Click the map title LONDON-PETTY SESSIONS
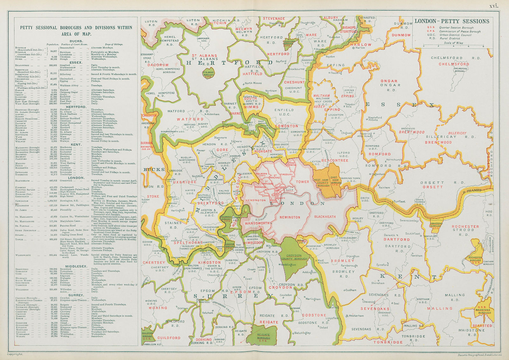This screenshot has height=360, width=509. (x=452, y=21)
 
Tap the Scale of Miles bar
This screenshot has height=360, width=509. (x=453, y=46)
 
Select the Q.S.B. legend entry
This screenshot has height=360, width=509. (x=430, y=28)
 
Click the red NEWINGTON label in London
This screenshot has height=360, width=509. (x=289, y=217)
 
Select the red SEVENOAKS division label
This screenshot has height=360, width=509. (x=375, y=308)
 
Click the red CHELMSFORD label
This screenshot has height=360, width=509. (x=454, y=64)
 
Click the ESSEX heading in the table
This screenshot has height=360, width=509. (x=76, y=63)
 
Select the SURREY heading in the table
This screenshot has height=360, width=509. (x=76, y=295)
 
